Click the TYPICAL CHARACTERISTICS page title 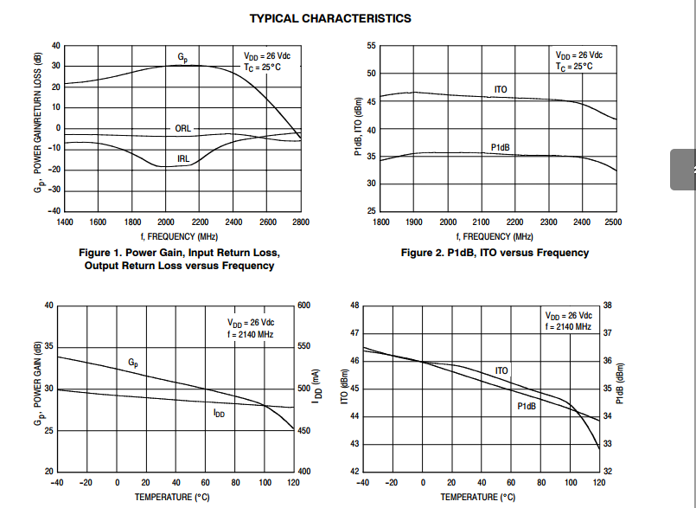click(x=330, y=17)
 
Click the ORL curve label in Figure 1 click(x=182, y=128)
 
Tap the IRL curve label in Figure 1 click(x=183, y=158)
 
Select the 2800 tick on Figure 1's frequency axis click(x=300, y=222)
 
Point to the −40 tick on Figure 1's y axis click(x=54, y=210)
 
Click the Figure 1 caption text click(x=180, y=259)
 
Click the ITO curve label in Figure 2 click(x=501, y=89)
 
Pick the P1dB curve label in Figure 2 click(x=501, y=147)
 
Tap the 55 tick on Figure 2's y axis click(x=371, y=45)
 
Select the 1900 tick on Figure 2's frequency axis click(x=414, y=222)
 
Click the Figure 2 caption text click(x=495, y=253)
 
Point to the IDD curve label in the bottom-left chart click(x=219, y=414)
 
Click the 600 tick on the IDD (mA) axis click(x=303, y=305)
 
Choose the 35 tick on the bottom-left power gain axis click(x=48, y=347)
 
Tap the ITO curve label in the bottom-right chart click(x=502, y=370)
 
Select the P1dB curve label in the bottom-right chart click(x=527, y=406)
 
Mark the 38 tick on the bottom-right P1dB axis click(x=607, y=305)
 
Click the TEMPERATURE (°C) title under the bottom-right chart click(x=477, y=497)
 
